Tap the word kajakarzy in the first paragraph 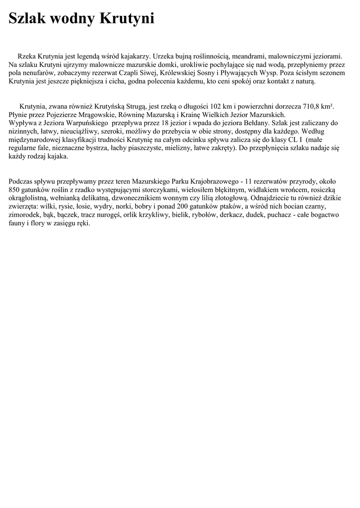coord(133,58)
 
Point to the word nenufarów coord(43,73)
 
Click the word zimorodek coord(25,215)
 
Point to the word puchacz coord(296,215)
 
